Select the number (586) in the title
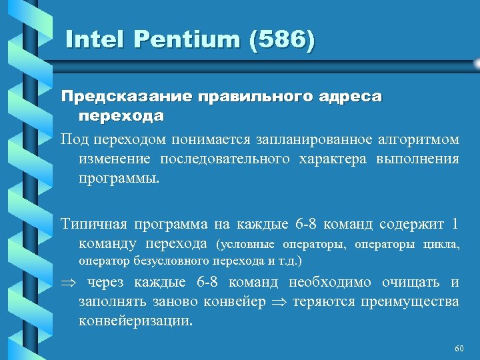[x=281, y=40]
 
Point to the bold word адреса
[x=349, y=97]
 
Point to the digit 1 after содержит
[x=455, y=223]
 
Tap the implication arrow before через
[x=68, y=283]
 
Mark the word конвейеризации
[x=135, y=321]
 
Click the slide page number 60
[x=458, y=349]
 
